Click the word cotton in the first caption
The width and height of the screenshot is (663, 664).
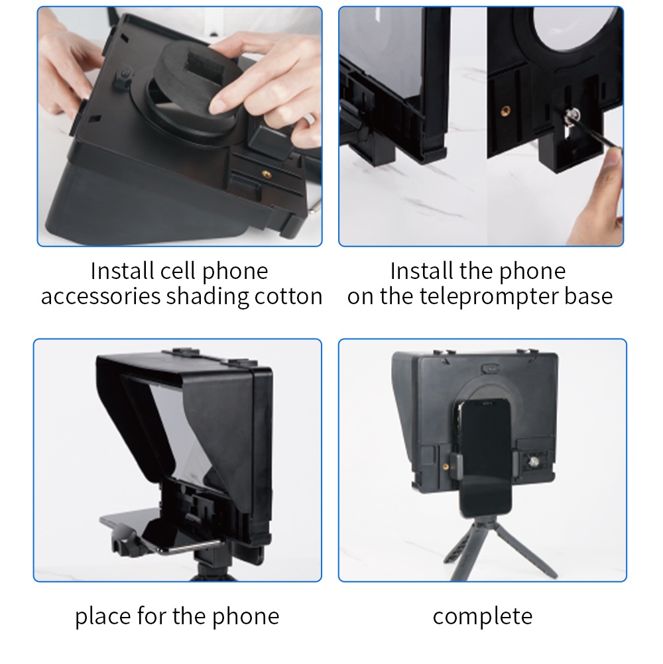[x=288, y=296]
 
